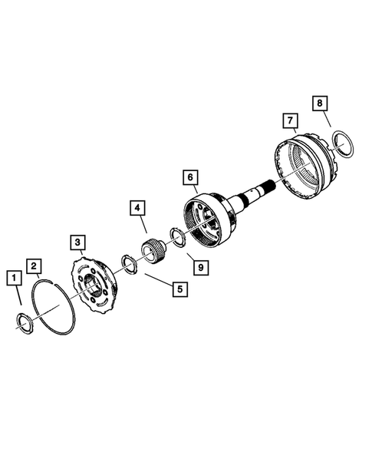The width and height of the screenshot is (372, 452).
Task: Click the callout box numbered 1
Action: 14,275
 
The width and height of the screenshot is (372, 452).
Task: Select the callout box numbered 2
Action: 34,266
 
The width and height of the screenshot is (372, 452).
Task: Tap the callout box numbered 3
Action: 77,242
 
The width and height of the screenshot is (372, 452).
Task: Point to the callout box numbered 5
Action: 178,289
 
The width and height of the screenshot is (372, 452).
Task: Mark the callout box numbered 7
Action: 289,120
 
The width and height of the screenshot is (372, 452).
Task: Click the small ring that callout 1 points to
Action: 25,321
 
